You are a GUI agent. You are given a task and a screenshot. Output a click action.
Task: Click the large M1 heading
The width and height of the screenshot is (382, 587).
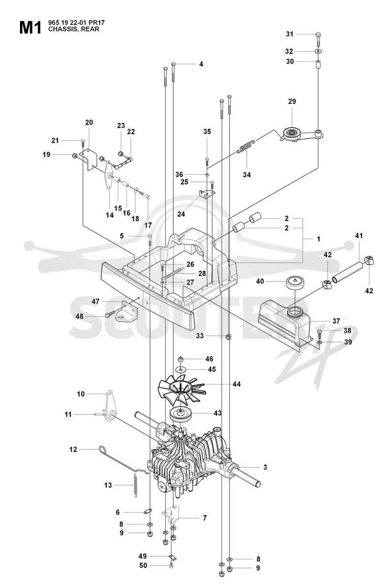[31, 28]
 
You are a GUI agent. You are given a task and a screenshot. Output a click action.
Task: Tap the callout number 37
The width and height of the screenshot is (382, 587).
[336, 321]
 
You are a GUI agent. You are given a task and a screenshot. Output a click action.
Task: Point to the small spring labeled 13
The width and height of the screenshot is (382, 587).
[136, 486]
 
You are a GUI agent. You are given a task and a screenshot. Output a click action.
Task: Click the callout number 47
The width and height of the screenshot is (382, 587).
[95, 301]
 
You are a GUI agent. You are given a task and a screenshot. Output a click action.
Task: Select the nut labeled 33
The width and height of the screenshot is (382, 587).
[228, 336]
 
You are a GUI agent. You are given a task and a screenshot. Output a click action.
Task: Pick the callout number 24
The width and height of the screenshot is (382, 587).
[181, 214]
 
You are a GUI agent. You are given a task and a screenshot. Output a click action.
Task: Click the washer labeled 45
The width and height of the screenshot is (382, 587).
[181, 370]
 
